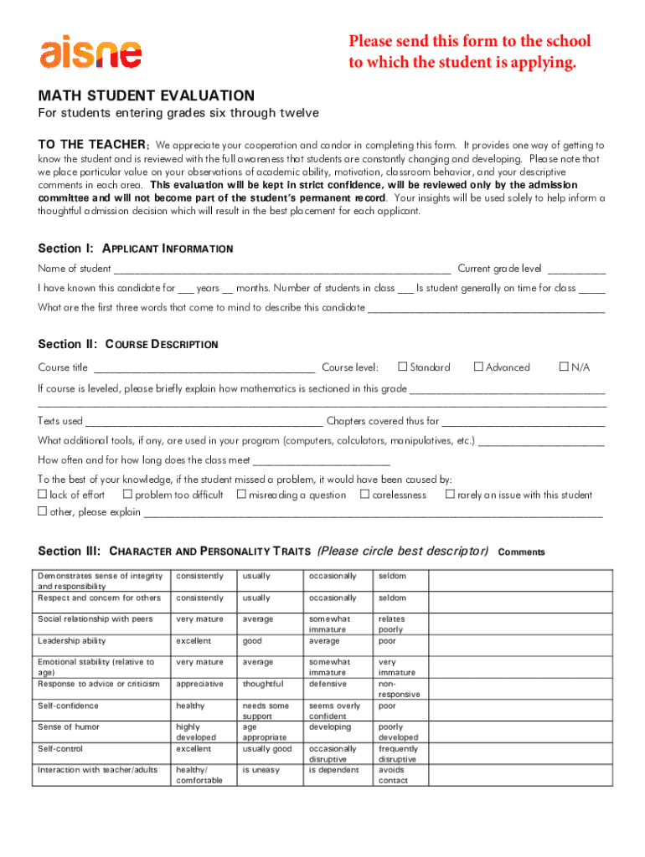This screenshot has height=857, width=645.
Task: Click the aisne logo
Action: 90,52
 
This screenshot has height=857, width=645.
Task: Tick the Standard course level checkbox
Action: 402,367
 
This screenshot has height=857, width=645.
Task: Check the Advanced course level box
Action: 478,367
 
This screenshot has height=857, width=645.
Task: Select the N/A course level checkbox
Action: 564,367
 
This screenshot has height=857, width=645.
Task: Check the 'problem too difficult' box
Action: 127,495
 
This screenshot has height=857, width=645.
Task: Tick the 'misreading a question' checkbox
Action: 241,495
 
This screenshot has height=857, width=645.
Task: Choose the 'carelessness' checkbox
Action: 364,495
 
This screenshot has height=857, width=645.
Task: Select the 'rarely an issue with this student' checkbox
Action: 450,495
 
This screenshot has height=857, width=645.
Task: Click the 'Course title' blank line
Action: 204,368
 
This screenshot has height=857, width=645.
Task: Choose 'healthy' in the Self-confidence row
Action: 190,706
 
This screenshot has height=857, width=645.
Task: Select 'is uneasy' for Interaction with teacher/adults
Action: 261,770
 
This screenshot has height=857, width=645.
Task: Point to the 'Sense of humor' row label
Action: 69,727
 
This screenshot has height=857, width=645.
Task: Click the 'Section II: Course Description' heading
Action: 128,344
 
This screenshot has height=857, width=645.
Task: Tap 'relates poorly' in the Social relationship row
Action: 391,624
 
